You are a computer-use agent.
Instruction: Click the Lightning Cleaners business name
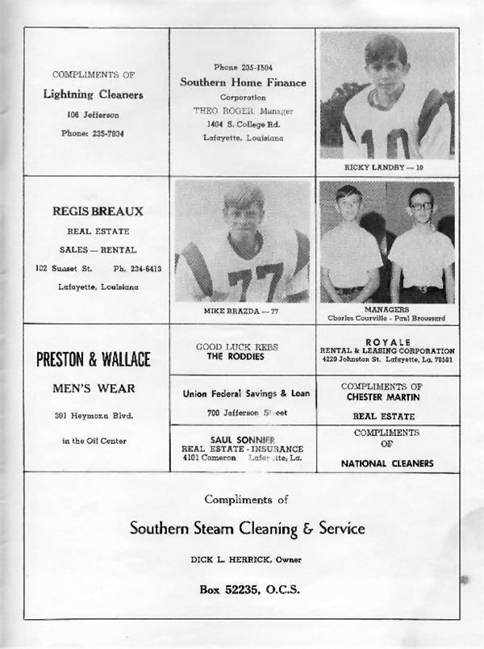(x=93, y=94)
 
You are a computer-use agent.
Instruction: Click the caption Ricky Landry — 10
(x=388, y=167)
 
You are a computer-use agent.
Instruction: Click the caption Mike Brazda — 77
(x=241, y=310)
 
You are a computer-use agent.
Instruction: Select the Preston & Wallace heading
(x=94, y=360)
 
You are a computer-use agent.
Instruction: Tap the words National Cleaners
(x=387, y=463)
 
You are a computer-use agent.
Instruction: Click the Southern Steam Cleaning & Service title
(x=247, y=530)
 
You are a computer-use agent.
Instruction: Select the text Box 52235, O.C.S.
(x=249, y=589)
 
